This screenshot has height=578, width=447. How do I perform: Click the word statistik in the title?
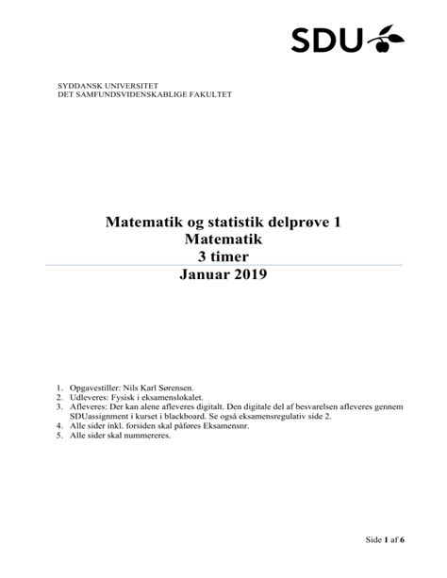click(224, 223)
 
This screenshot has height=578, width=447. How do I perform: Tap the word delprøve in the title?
click(297, 223)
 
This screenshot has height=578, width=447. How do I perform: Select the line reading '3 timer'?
click(223, 257)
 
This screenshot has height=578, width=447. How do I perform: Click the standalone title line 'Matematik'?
click(223, 240)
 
